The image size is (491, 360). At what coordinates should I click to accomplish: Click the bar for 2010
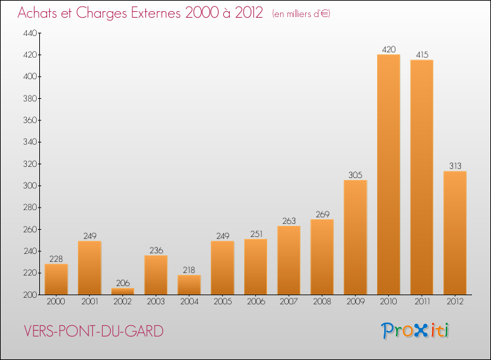point(388,174)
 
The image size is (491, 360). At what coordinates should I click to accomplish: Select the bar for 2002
point(122,291)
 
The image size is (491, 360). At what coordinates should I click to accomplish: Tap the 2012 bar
point(455,232)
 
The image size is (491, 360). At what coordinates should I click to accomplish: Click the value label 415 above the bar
point(422,55)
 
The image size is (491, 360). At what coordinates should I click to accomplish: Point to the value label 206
point(122,283)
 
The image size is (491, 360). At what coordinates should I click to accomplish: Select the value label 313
point(455,166)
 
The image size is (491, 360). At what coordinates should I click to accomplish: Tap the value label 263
point(289,221)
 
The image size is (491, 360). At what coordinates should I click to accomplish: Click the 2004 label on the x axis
point(189,302)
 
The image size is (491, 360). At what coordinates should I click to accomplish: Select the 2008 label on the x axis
point(322,302)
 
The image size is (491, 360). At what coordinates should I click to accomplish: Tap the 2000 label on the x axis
point(56,302)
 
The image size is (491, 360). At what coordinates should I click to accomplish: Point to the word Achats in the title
point(39,12)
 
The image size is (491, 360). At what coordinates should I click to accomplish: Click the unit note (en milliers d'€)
point(301,14)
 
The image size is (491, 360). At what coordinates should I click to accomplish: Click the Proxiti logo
point(416,331)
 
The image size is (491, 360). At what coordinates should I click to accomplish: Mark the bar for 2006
point(255,266)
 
